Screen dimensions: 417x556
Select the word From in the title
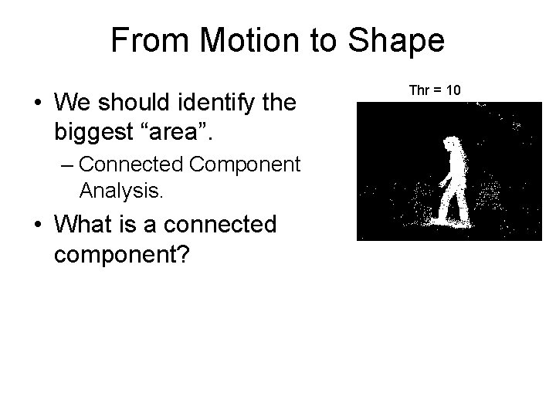tap(144, 40)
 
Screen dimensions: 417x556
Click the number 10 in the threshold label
tap(453, 90)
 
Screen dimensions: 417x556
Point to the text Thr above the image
tap(419, 90)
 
